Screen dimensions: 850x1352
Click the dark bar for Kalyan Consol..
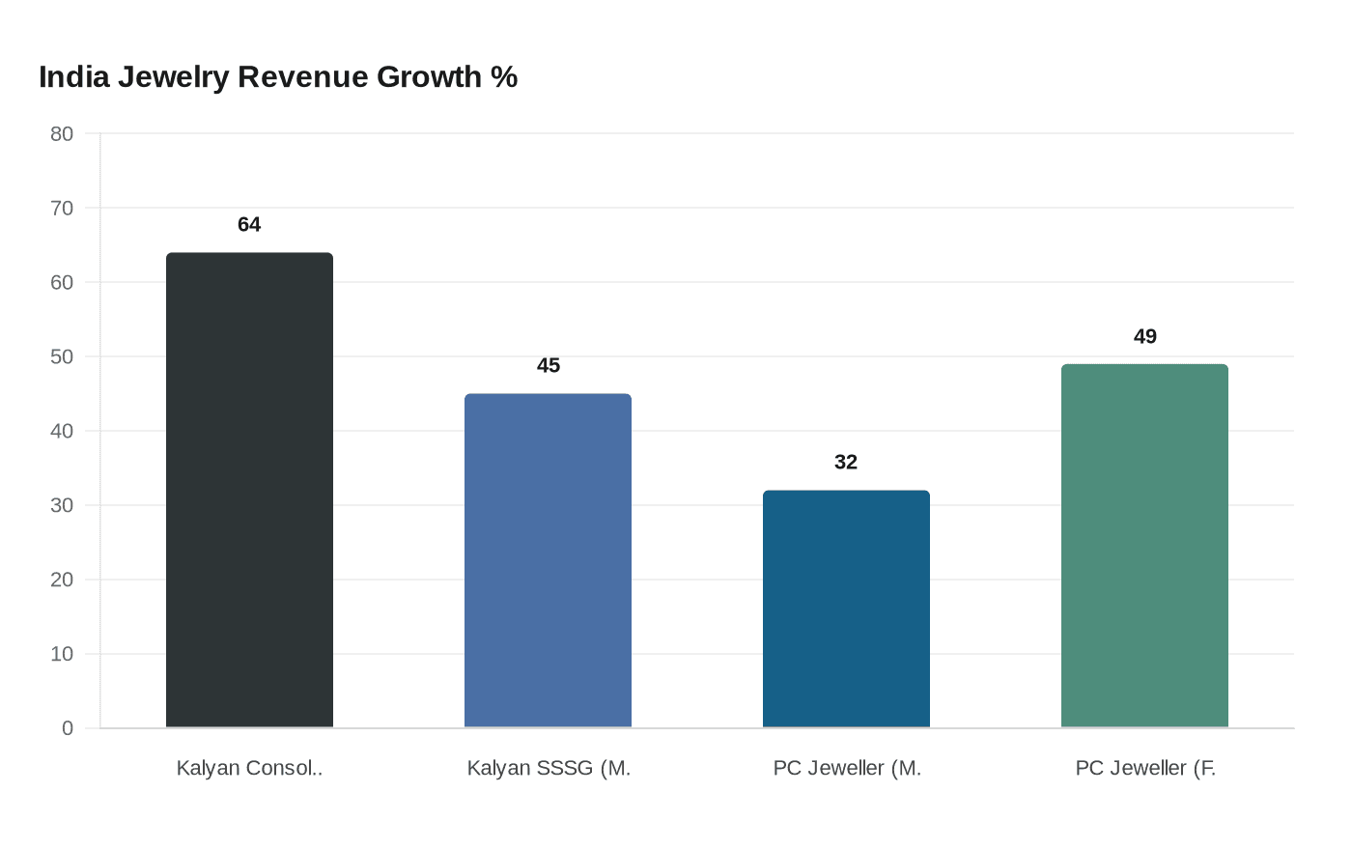click(x=249, y=490)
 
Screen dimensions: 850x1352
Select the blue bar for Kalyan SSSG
click(x=548, y=560)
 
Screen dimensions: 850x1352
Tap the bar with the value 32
click(x=846, y=609)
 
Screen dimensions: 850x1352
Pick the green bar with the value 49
click(x=1144, y=546)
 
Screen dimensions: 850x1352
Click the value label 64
click(x=249, y=224)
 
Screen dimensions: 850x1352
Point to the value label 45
click(x=548, y=365)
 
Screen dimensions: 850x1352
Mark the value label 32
click(x=846, y=462)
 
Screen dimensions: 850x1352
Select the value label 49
click(x=1144, y=336)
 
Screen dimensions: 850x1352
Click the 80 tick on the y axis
click(x=62, y=134)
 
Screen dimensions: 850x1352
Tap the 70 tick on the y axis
click(x=62, y=209)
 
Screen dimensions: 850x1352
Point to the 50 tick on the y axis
click(x=62, y=357)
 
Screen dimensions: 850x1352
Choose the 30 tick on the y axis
click(x=62, y=506)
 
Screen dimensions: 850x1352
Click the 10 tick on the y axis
click(x=62, y=655)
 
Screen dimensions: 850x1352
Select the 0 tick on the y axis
click(x=68, y=728)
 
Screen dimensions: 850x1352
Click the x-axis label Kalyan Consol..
click(x=249, y=768)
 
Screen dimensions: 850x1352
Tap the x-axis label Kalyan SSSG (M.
click(x=548, y=768)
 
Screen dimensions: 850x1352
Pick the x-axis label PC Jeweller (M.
click(x=846, y=768)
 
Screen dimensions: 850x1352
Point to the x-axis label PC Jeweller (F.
click(x=1144, y=768)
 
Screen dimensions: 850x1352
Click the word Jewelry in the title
click(x=174, y=77)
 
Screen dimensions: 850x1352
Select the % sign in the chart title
click(x=504, y=77)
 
